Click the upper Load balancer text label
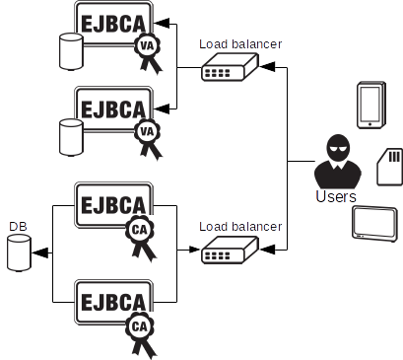(x=240, y=43)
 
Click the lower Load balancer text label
(x=240, y=226)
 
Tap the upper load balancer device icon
(x=229, y=68)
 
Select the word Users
(x=336, y=197)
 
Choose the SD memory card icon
(x=389, y=165)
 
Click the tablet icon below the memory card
(x=373, y=224)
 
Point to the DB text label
(x=18, y=227)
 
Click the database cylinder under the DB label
(x=19, y=252)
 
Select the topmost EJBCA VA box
(x=112, y=22)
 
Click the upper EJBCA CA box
(x=112, y=204)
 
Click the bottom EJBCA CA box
(x=112, y=300)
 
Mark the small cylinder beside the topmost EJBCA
(x=70, y=51)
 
